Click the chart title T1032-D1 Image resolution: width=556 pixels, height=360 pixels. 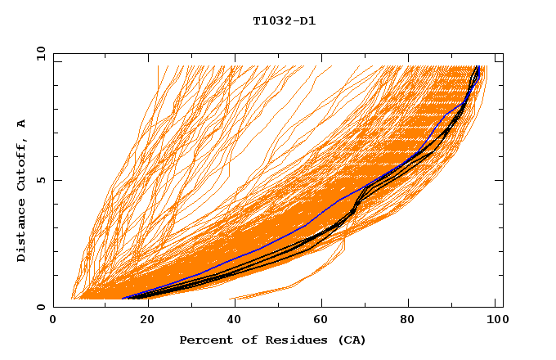pyautogui.click(x=284, y=20)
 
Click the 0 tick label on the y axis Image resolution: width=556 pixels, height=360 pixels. pyautogui.click(x=41, y=307)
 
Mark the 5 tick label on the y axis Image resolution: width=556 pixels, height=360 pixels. pyautogui.click(x=41, y=180)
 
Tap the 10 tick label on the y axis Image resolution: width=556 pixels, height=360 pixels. pyautogui.click(x=38, y=53)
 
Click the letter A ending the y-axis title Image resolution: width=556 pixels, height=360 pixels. pyautogui.click(x=21, y=124)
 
